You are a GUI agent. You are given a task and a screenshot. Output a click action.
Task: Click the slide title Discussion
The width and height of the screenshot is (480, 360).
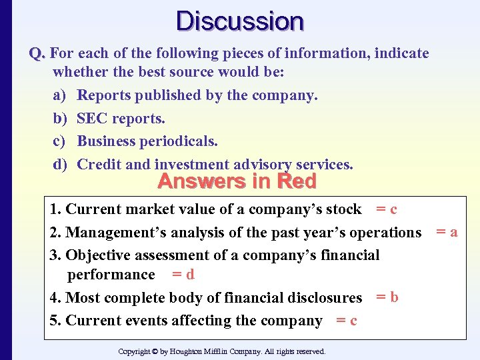coord(240,21)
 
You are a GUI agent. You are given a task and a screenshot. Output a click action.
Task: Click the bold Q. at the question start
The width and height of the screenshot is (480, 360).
coord(37,53)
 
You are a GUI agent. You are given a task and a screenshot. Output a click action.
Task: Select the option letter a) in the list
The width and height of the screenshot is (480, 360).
coord(59,95)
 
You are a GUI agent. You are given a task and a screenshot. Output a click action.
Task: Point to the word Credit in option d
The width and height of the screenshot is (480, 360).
coord(98,165)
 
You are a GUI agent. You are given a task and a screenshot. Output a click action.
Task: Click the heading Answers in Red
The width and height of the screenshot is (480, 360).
coord(237,181)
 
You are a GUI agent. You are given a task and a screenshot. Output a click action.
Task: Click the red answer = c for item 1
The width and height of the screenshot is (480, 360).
coord(387,209)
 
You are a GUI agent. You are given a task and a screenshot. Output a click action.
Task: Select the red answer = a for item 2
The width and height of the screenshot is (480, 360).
coord(447,232)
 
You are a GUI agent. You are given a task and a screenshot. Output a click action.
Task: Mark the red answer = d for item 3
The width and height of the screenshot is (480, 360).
coord(183,274)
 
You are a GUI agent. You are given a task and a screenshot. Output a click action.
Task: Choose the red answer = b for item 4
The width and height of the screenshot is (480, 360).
coord(387,297)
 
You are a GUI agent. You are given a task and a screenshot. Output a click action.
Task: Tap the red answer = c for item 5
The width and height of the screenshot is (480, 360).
coord(347,321)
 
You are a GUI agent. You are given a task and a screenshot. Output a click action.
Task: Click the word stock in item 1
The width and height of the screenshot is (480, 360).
coord(343,209)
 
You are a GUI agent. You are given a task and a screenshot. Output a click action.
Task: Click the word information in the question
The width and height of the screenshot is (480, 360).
coord(333,53)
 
